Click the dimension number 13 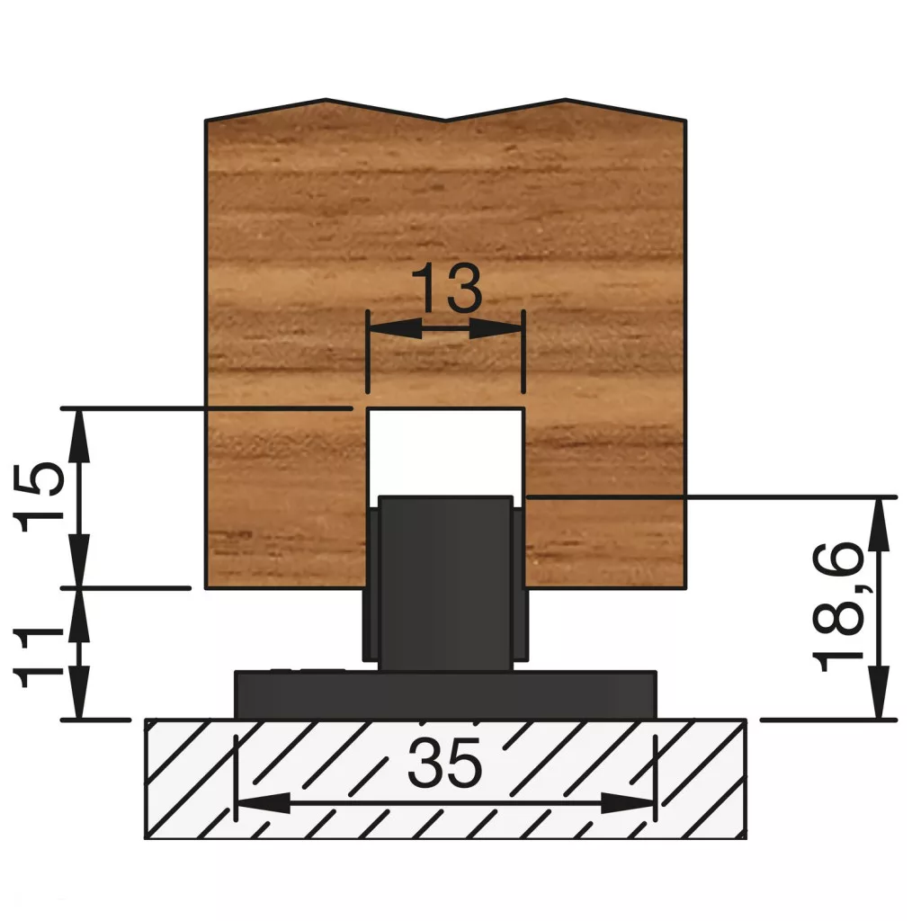pos(446,288)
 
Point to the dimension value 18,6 pos(838,607)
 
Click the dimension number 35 pos(444,764)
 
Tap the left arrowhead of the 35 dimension pos(264,803)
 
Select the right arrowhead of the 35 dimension pos(628,803)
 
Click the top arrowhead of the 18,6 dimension pos(879,525)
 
